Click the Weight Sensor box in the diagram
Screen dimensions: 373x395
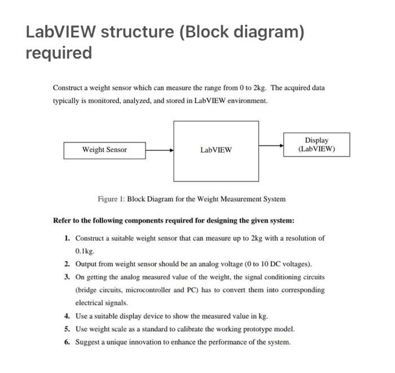tap(104, 150)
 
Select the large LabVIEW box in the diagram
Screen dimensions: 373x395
tap(216, 150)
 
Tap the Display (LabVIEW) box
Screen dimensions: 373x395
tap(316, 145)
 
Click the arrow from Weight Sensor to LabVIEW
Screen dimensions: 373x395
tap(159, 150)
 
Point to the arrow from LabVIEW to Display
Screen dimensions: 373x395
tap(271, 145)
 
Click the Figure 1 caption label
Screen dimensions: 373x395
tap(111, 199)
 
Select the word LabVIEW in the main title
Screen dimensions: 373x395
tap(60, 32)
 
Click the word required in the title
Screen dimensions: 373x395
tap(59, 53)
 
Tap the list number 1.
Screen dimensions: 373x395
tap(67, 238)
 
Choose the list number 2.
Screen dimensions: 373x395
tap(67, 264)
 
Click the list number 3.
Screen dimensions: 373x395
tap(67, 277)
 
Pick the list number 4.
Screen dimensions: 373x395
tap(67, 316)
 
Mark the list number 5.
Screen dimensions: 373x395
tap(67, 329)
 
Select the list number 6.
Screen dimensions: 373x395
tap(67, 342)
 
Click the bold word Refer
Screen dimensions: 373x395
tap(62, 220)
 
